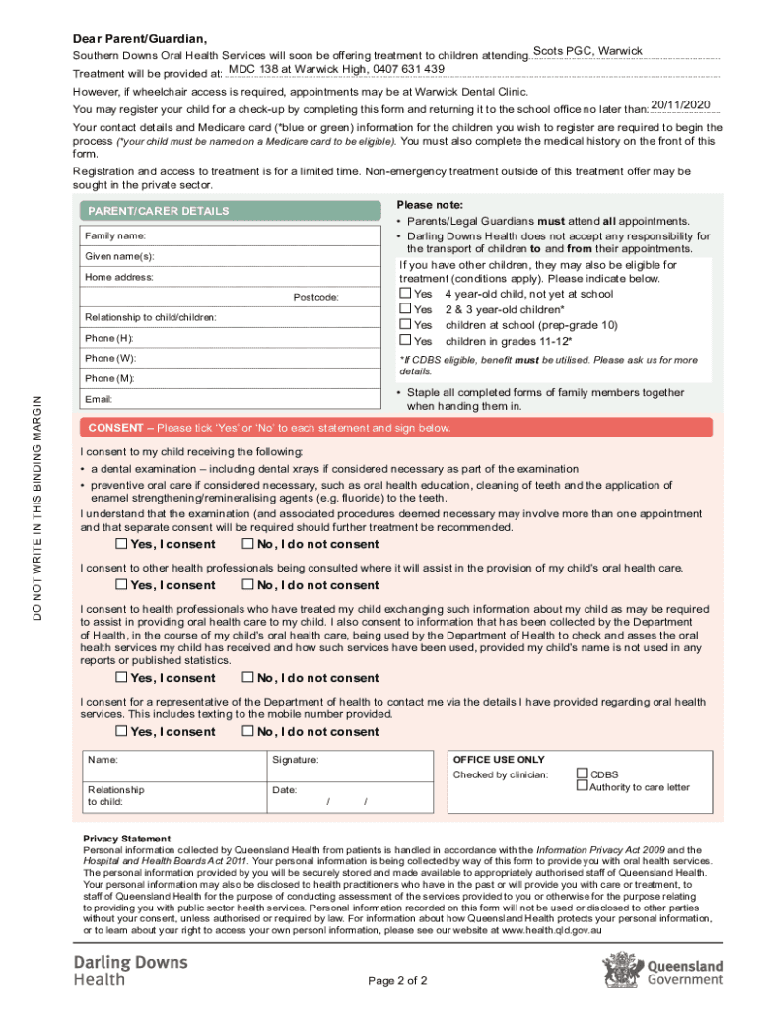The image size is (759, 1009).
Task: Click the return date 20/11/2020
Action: tap(681, 104)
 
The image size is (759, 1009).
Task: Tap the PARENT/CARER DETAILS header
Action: tap(159, 211)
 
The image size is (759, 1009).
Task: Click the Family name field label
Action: tap(115, 236)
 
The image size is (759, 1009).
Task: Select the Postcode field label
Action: tap(315, 297)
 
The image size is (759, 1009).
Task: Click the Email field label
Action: tap(99, 399)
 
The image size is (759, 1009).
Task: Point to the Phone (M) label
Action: tap(110, 378)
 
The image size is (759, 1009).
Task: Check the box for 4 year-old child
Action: tap(405, 294)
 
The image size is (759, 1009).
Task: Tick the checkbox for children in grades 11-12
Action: tap(405, 341)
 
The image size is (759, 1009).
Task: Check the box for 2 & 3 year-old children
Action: tap(405, 309)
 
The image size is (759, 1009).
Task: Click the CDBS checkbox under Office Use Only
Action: tap(582, 774)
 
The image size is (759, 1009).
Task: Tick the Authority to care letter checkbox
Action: tap(582, 786)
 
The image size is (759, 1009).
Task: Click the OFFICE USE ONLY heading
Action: tap(498, 760)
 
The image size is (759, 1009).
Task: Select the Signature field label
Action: tap(295, 760)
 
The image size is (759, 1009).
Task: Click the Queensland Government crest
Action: tap(621, 969)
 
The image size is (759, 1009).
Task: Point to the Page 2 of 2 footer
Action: tap(397, 981)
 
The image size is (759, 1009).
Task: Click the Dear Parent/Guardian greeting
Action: tap(140, 39)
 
